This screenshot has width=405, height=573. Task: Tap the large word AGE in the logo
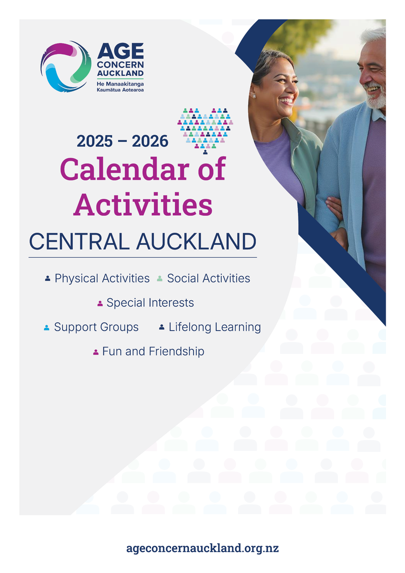click(120, 51)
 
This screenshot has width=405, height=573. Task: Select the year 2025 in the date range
click(95, 141)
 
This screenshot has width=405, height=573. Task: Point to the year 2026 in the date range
click(150, 141)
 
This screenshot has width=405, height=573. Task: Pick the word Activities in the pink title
click(143, 204)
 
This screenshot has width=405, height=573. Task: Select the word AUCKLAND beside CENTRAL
click(196, 241)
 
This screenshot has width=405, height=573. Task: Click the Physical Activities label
click(102, 278)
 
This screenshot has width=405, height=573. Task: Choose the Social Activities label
click(209, 278)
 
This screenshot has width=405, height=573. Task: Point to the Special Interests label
click(150, 303)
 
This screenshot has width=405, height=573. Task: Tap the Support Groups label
click(96, 327)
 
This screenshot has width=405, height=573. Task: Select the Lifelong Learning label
click(215, 327)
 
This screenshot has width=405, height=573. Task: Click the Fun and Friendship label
click(153, 351)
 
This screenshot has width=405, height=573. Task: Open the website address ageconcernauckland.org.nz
click(202, 548)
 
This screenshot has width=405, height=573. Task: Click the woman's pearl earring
click(253, 96)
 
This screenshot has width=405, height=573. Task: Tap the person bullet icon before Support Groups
click(47, 328)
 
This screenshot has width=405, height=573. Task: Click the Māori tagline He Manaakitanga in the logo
click(120, 84)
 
